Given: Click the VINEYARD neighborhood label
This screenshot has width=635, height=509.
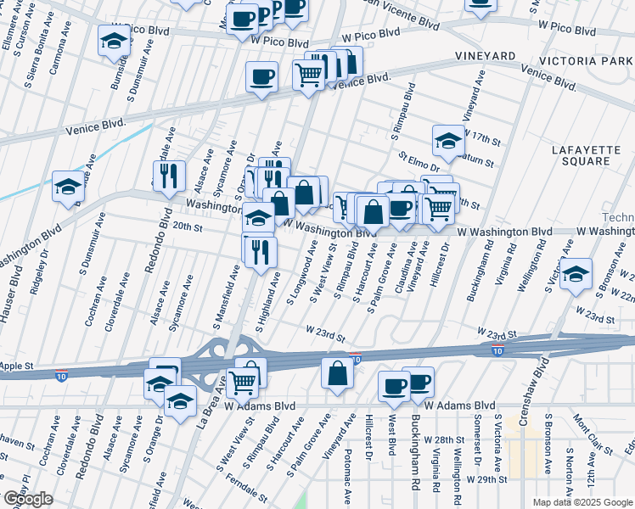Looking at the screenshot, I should (x=485, y=55).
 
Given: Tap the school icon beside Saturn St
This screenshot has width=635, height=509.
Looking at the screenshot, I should (x=448, y=140).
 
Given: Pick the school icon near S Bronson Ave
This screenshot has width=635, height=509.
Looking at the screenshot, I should (x=576, y=274).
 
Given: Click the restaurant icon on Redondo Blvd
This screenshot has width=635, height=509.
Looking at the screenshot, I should (x=169, y=176).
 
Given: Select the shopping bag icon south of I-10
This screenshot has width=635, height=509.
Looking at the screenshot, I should (x=338, y=373).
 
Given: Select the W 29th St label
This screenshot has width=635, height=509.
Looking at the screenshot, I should (x=484, y=479).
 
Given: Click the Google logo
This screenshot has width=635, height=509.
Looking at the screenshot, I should (x=28, y=499).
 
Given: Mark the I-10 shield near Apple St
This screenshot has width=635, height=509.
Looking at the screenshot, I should (x=61, y=373).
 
